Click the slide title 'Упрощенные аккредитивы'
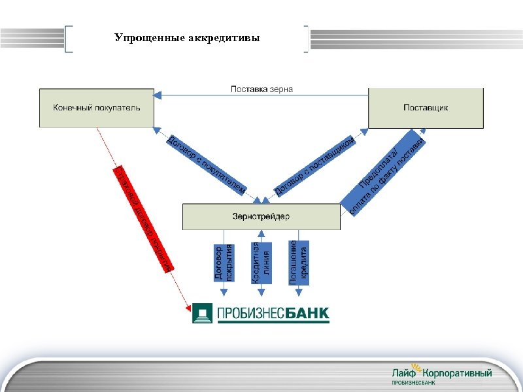pos(187,38)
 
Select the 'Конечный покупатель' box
pos(97,108)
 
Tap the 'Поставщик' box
pos(426,108)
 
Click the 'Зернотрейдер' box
pos(261,216)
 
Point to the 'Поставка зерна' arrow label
pos(261,90)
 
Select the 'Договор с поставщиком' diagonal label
pos(315,166)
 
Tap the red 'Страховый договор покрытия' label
pos(143,219)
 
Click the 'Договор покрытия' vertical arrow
pos(224,263)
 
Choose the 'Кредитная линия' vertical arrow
pos(261,263)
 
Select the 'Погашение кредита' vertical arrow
pos(298,263)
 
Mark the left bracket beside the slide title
pos(69,39)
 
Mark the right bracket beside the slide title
pos(307,39)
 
